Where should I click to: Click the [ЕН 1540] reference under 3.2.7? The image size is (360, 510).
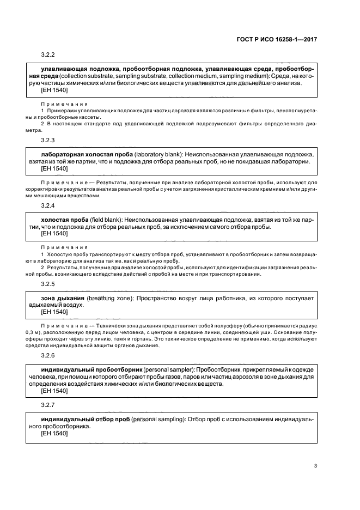54,434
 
